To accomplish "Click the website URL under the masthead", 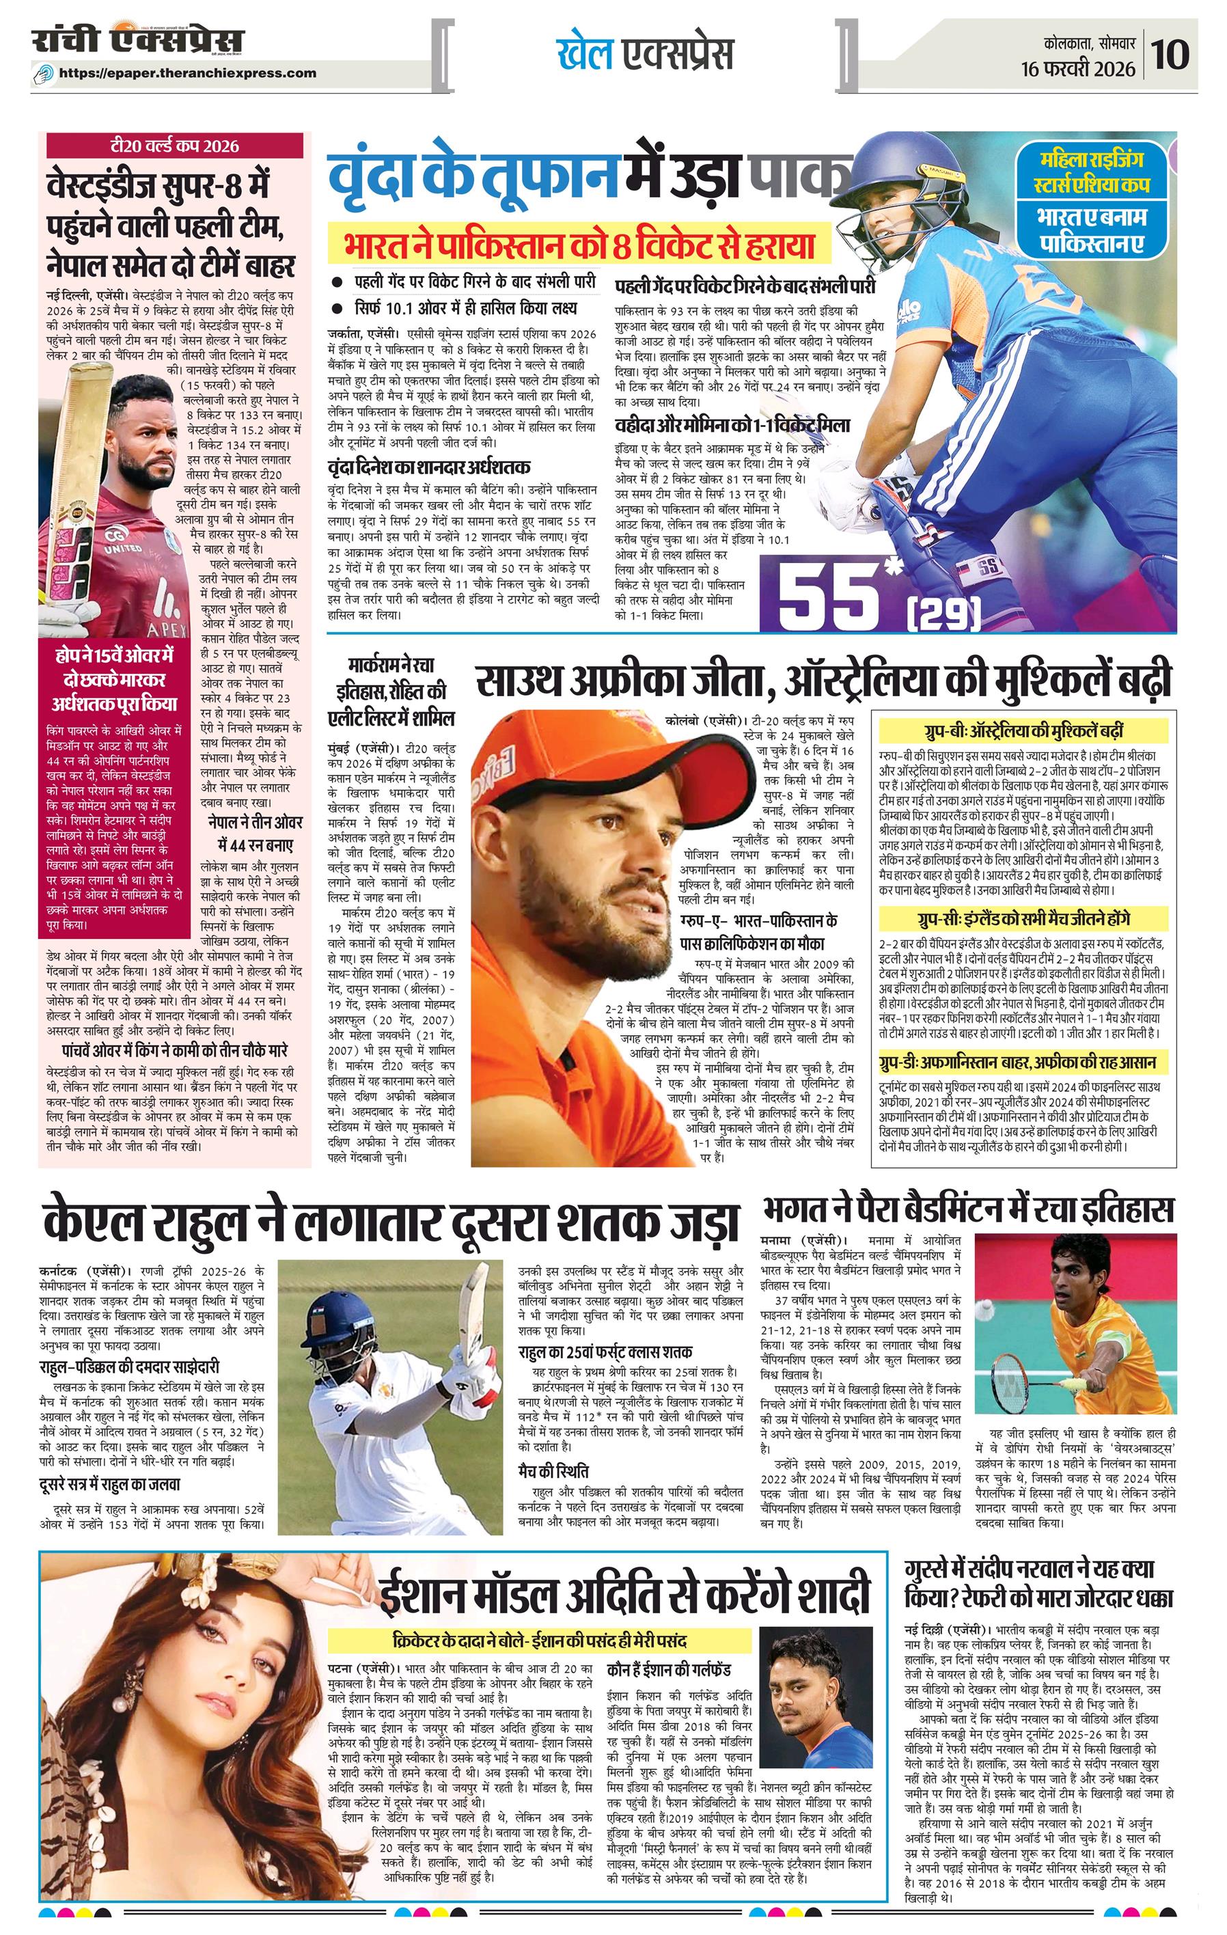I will tap(188, 73).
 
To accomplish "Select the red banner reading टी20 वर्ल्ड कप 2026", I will tap(174, 146).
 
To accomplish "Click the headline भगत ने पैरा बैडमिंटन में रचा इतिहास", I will tap(967, 1210).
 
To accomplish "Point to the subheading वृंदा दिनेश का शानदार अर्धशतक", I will tap(428, 467).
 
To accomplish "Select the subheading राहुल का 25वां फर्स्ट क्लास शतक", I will tap(605, 1351).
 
